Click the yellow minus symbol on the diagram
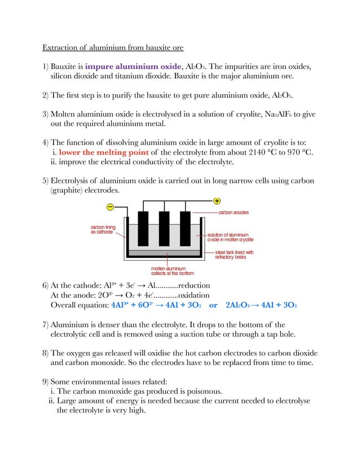click(111, 207)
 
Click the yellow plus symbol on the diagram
click(217, 201)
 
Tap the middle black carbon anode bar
click(164, 228)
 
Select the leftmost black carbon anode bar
click(142, 228)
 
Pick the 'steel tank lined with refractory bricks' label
click(234, 254)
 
